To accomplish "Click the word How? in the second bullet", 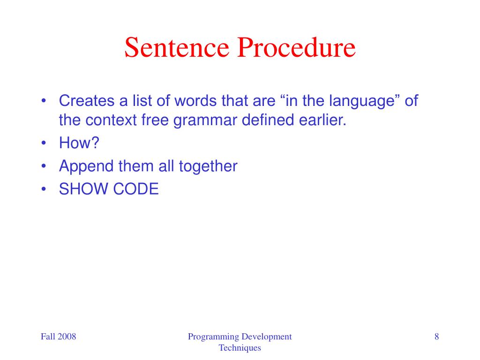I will click(x=79, y=143).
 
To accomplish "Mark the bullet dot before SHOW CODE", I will click(x=44, y=190).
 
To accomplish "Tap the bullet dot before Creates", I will click(x=44, y=101).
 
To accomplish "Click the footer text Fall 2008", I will click(x=58, y=337).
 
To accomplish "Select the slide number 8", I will click(x=437, y=337).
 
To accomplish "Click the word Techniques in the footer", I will click(x=240, y=348).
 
